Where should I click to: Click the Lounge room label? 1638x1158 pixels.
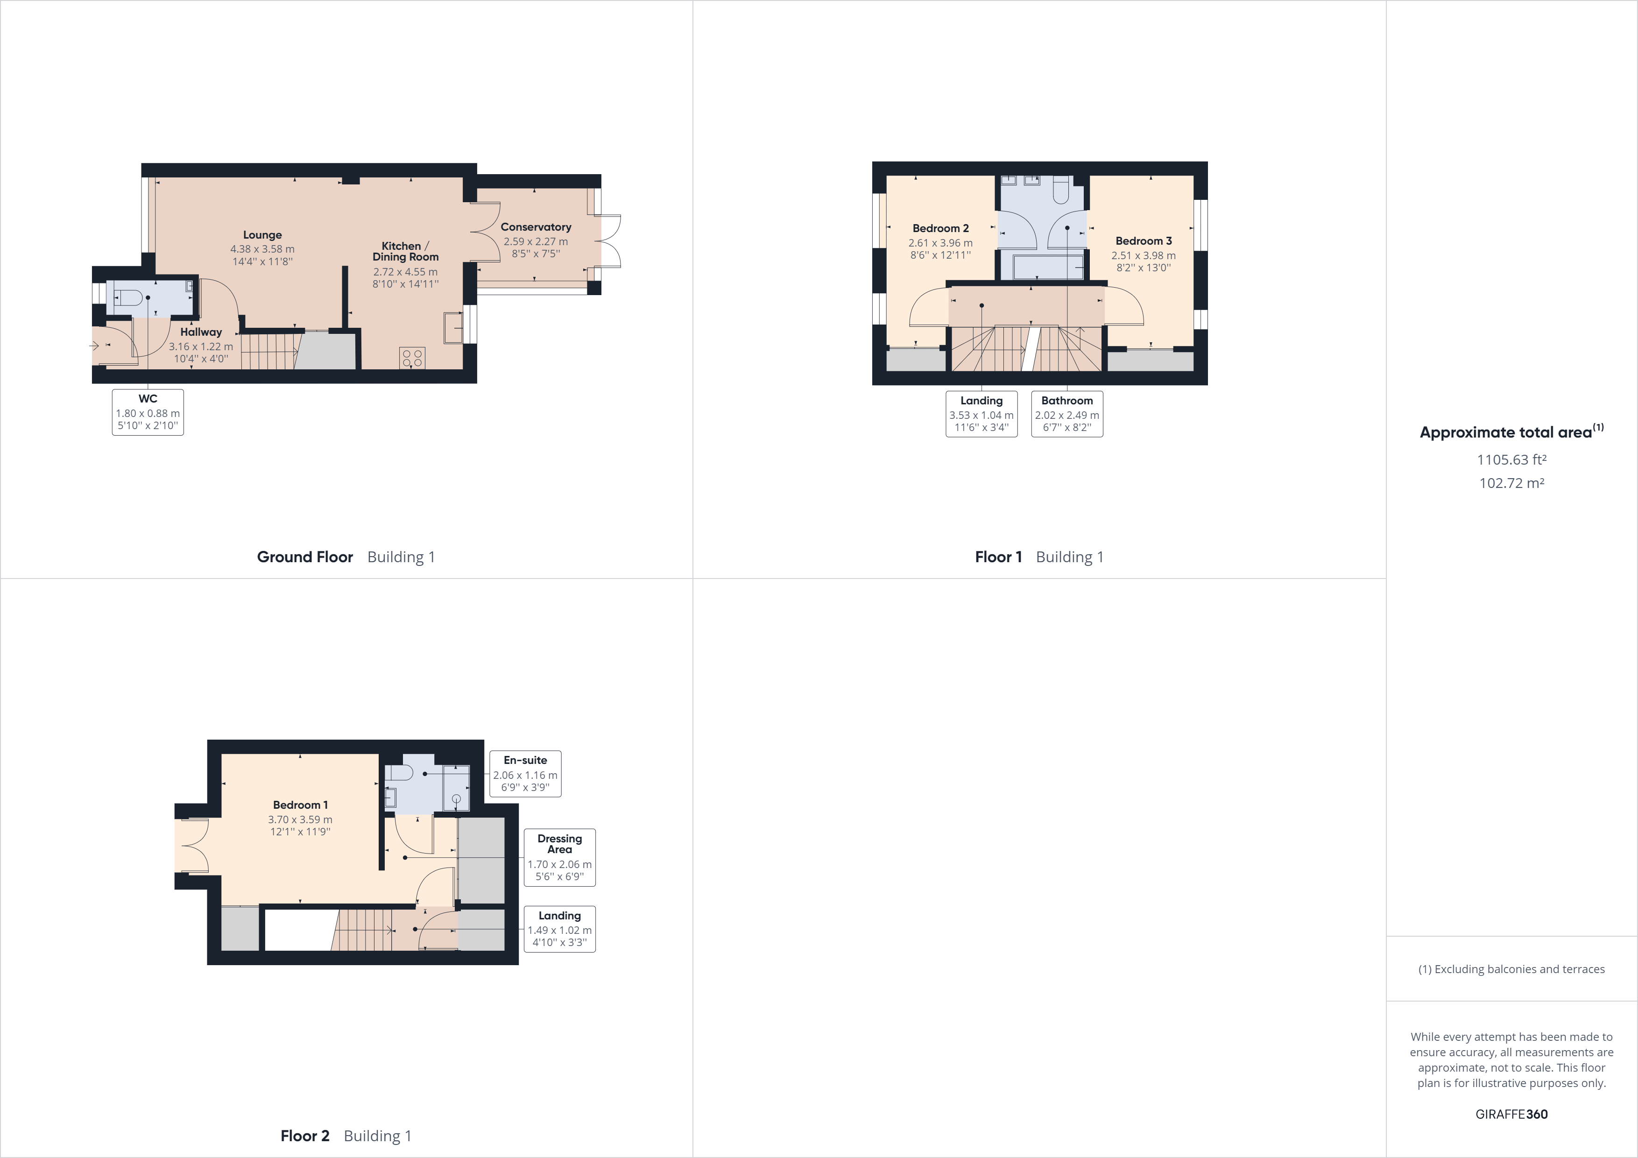pos(262,235)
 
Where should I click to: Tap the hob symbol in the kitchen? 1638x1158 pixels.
pos(412,358)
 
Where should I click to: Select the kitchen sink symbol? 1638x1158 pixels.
pos(453,327)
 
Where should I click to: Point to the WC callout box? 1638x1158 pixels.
pos(148,412)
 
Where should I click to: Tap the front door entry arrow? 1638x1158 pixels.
pos(94,346)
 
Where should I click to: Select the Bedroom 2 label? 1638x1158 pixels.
pos(940,228)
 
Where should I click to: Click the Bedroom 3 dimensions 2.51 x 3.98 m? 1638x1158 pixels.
pos(1143,255)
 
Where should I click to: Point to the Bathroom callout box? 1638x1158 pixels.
pos(1066,414)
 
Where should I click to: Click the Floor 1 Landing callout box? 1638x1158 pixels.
pos(981,414)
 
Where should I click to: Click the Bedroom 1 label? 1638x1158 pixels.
pos(300,805)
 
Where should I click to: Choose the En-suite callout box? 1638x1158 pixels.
pos(525,773)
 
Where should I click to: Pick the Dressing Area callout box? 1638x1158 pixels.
pos(559,857)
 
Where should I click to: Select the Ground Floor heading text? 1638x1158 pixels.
pos(304,557)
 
